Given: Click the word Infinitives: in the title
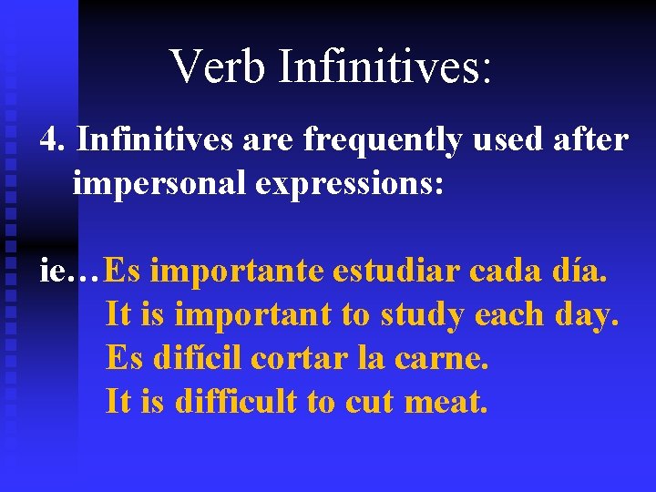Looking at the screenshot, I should pyautogui.click(x=385, y=67).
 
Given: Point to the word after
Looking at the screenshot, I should pyautogui.click(x=591, y=141).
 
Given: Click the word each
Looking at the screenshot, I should pyautogui.click(x=510, y=315).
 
